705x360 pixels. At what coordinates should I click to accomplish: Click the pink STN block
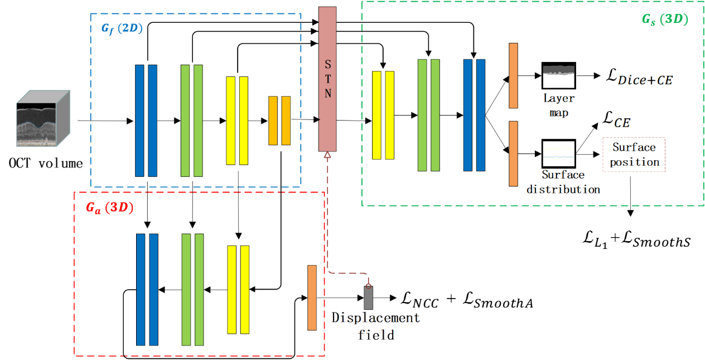coord(327,79)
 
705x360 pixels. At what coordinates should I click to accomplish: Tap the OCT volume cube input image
coord(43,118)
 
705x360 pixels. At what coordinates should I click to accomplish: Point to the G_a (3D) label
coord(110,207)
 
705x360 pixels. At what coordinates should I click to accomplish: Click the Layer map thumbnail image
coord(558,75)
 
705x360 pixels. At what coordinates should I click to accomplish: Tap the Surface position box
coord(634,155)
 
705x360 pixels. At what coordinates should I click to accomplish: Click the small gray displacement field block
coord(368,297)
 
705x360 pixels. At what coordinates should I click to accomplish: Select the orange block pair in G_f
coord(279,121)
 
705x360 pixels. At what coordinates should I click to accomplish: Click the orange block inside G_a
coord(312,297)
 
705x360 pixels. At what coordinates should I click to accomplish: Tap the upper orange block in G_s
coord(513,75)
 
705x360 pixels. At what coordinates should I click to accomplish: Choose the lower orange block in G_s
coord(513,153)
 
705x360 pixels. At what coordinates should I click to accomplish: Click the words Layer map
coord(558,105)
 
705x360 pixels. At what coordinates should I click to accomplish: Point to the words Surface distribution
coord(563,182)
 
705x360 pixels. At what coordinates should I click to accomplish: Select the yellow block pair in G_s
coord(383,115)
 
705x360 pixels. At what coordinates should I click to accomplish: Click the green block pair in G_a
coord(192,289)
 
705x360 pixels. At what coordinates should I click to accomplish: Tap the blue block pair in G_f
coord(146,120)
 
